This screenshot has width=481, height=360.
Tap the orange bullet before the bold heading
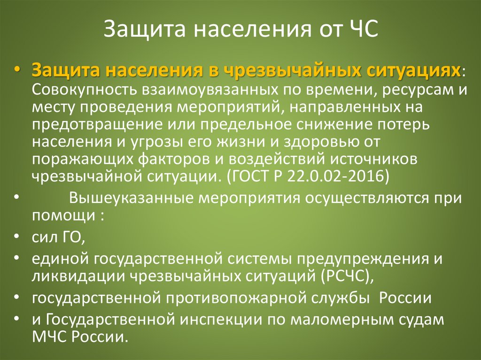coord(17,69)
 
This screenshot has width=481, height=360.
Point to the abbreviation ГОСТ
coord(249,176)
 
